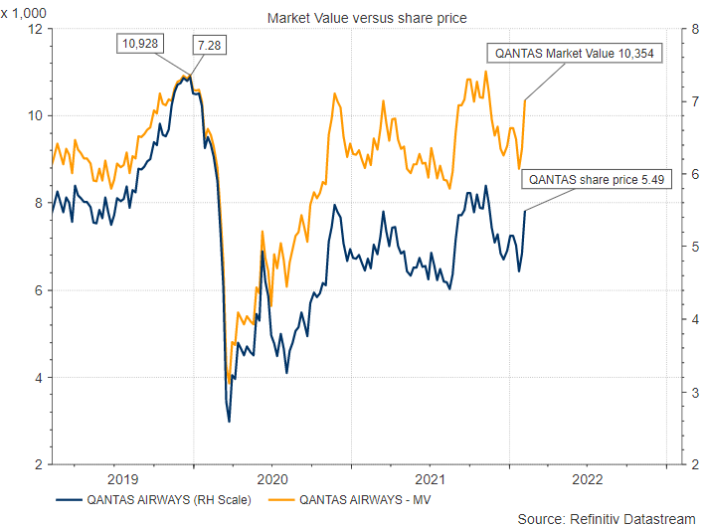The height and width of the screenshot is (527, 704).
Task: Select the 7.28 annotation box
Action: (x=210, y=46)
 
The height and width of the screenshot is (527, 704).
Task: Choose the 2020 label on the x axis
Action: (x=271, y=475)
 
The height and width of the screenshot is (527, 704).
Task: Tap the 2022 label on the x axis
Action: (x=587, y=475)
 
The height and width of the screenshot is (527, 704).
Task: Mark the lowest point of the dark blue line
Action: (x=230, y=422)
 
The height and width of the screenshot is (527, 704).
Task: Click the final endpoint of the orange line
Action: (x=525, y=99)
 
